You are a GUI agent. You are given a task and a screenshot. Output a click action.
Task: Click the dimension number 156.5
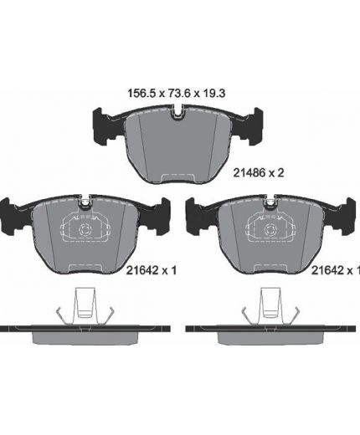coord(141,94)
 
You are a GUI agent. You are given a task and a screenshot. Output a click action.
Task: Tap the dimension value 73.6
coord(178,94)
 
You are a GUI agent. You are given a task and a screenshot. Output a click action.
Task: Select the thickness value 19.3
coord(213,94)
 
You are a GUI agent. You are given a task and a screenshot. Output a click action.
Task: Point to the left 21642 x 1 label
coord(152,270)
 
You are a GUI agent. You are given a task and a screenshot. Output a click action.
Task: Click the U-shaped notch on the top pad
coord(177,113)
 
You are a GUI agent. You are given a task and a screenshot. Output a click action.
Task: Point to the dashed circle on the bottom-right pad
coord(270,230)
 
